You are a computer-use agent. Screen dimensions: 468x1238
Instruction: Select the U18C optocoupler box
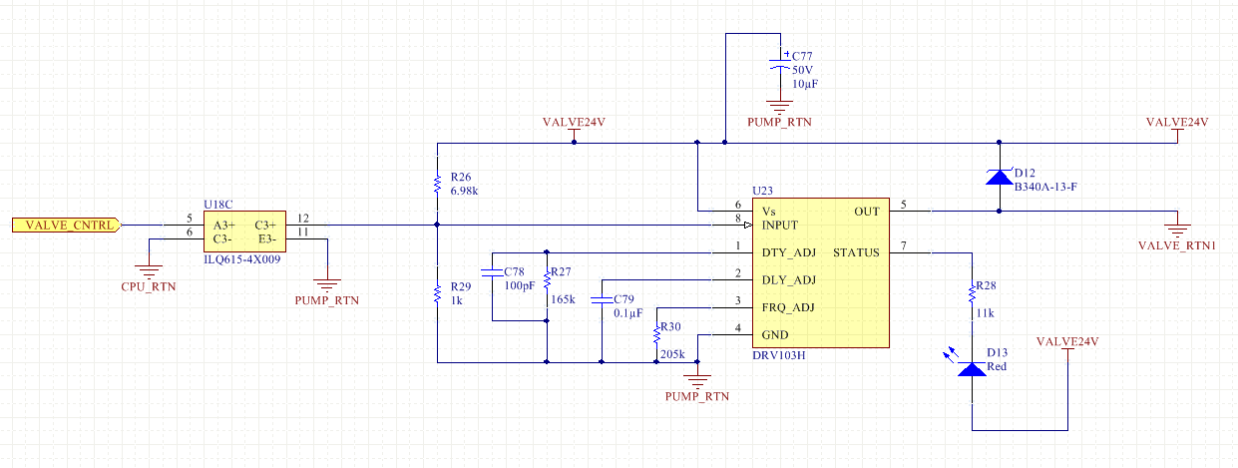245,232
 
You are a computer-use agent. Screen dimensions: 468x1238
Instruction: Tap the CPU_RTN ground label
148,287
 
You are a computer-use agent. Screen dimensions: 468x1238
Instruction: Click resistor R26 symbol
437,184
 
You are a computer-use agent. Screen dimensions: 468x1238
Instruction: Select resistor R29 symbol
437,293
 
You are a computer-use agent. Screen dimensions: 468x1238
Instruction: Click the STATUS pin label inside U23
856,252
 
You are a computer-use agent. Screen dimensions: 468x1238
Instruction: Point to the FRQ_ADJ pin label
788,307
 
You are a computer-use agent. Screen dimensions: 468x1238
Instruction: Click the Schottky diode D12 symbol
999,178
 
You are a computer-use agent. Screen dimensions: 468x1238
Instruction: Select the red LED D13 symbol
972,368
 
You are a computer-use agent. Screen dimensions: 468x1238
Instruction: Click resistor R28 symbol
972,295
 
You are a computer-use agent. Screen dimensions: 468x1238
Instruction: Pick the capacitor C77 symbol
778,63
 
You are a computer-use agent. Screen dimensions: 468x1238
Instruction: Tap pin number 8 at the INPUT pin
737,219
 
